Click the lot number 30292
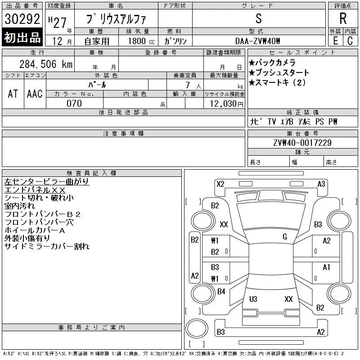pyautogui.click(x=22, y=19)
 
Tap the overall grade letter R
pyautogui.click(x=343, y=18)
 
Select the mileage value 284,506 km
pyautogui.click(x=46, y=64)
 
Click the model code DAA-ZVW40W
pyautogui.click(x=257, y=41)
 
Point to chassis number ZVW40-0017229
pyautogui.click(x=302, y=143)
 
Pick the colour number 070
pyautogui.click(x=74, y=103)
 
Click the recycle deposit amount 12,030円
pyautogui.click(x=227, y=103)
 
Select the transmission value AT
pyautogui.click(x=13, y=94)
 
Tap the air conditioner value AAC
pyautogui.click(x=35, y=94)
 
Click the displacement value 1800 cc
pyautogui.click(x=141, y=41)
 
